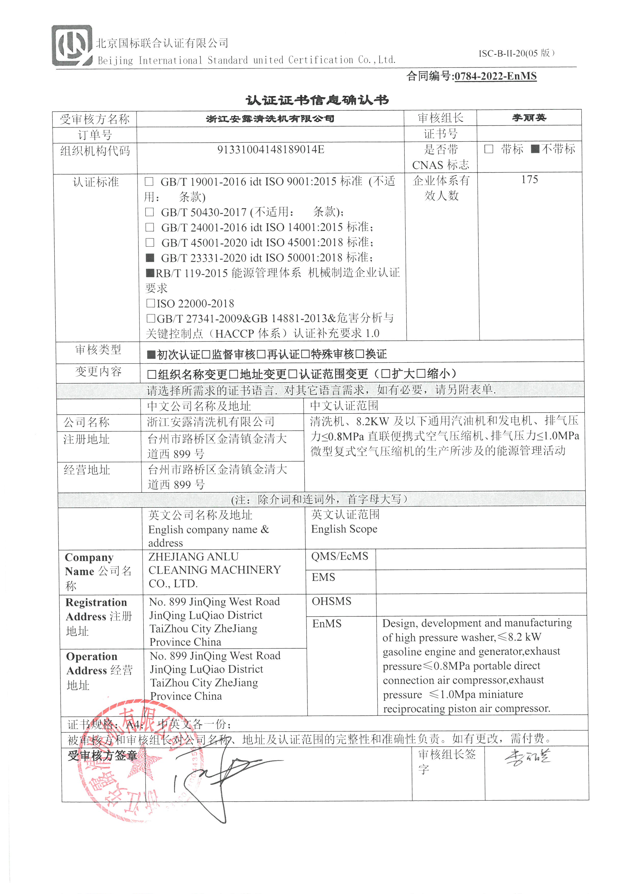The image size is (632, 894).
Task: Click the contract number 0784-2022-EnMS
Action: [x=495, y=76]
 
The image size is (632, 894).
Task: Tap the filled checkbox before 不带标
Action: [x=535, y=149]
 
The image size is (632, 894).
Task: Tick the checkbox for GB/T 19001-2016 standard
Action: [x=149, y=182]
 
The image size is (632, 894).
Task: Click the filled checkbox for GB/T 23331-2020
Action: [x=150, y=258]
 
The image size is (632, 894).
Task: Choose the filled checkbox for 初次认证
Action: [x=151, y=354]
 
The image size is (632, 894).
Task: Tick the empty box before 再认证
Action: [x=261, y=354]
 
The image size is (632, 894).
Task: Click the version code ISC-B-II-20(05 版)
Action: [x=516, y=53]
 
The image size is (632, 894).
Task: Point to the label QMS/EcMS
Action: [x=339, y=556]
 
